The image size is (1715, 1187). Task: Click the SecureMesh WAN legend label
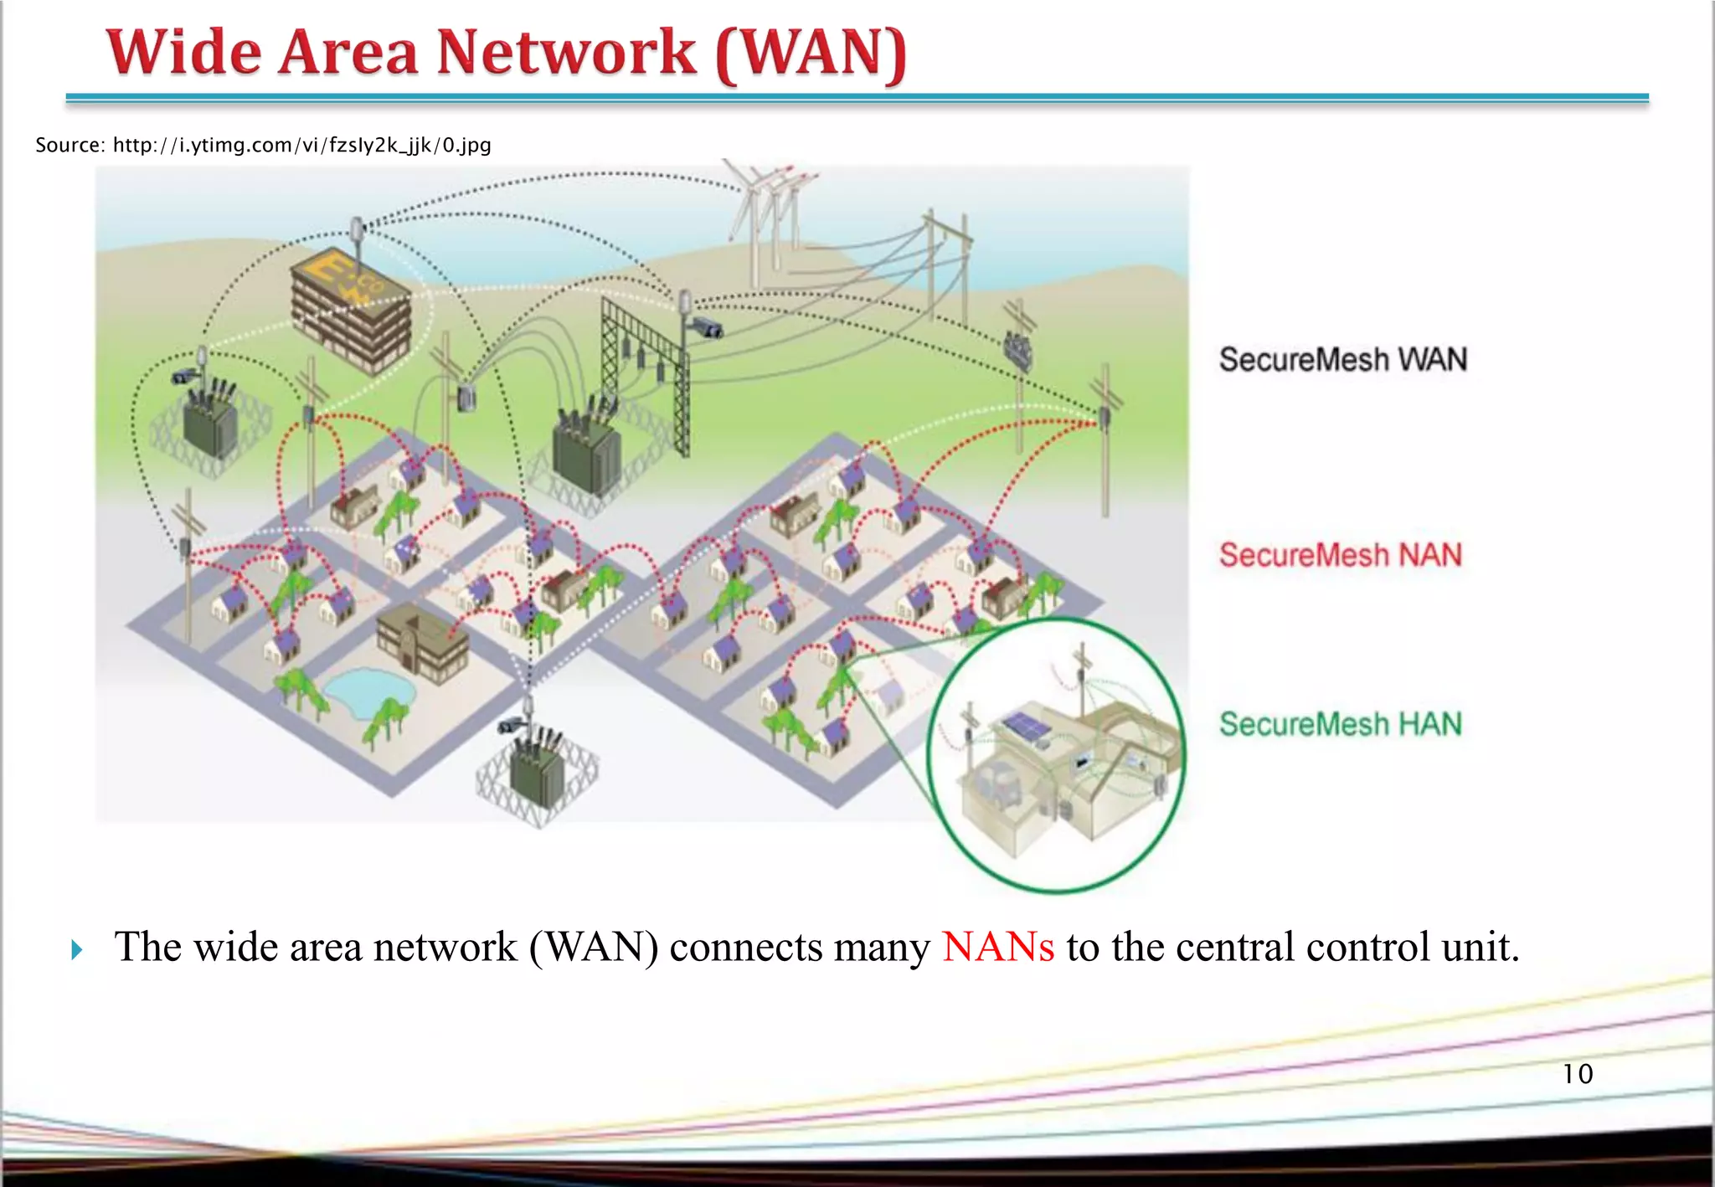coord(1342,360)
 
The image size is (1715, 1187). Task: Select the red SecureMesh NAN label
coord(1340,555)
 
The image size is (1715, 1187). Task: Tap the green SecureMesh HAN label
coord(1340,724)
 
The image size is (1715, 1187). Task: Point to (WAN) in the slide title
coord(811,54)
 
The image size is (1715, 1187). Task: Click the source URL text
coord(263,145)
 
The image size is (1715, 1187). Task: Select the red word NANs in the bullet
coord(997,948)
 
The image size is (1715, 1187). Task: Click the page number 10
coord(1578,1074)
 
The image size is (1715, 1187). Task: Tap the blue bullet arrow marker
coord(77,949)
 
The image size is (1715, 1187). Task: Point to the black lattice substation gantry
coord(645,360)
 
